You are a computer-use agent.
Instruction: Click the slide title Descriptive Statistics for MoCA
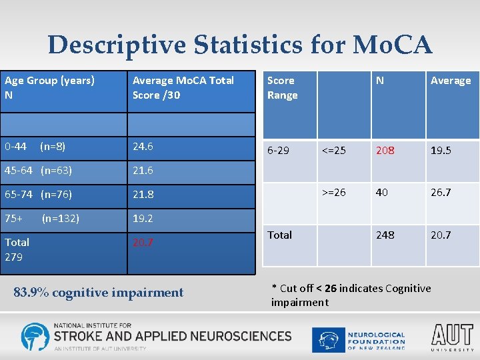[x=240, y=45]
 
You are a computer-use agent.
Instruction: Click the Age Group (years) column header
[x=49, y=81]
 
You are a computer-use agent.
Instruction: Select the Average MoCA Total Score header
[x=183, y=87]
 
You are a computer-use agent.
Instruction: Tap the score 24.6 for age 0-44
[x=143, y=146]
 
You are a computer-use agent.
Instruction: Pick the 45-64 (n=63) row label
[x=38, y=170]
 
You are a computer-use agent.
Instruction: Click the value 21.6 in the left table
[x=143, y=170]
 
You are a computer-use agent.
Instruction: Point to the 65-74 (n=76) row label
[x=38, y=195]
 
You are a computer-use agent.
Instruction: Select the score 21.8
[x=143, y=195]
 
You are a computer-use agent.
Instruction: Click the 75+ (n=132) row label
[x=41, y=218]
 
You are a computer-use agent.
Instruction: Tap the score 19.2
[x=143, y=218]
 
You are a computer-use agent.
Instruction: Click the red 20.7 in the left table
[x=143, y=243]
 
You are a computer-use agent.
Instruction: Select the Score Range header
[x=282, y=87]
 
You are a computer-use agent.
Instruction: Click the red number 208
[x=385, y=151]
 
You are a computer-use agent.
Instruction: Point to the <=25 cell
[x=334, y=151]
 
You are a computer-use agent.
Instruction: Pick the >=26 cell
[x=334, y=193]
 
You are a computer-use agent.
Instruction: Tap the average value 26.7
[x=441, y=193]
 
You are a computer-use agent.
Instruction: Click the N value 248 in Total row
[x=385, y=235]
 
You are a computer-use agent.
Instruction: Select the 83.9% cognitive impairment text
[x=99, y=292]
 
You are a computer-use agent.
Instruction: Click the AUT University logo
[x=452, y=337]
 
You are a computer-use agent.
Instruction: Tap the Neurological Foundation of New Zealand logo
[x=360, y=339]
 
